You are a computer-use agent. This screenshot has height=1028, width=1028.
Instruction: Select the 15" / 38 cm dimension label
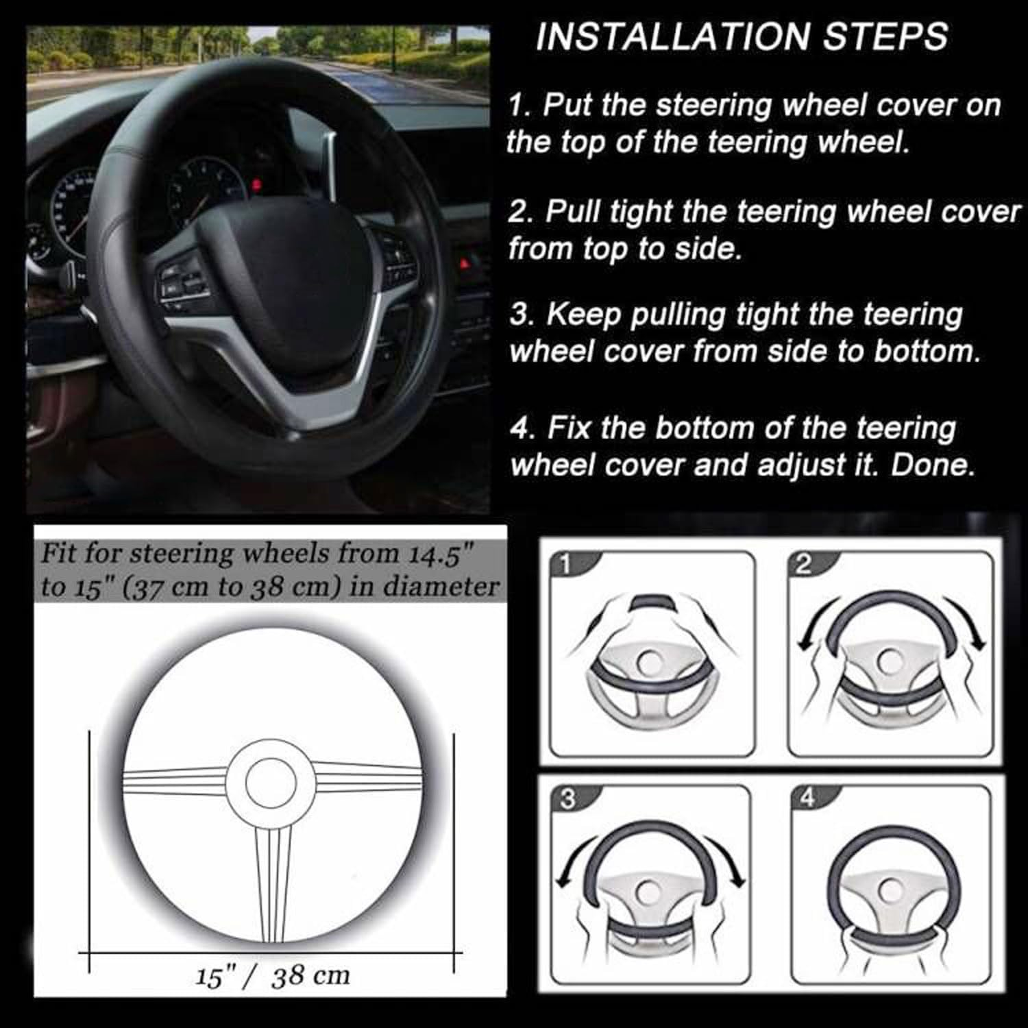click(272, 977)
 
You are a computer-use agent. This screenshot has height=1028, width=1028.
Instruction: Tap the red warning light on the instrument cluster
click(256, 184)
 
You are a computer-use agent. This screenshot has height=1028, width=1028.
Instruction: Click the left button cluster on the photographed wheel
click(180, 282)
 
